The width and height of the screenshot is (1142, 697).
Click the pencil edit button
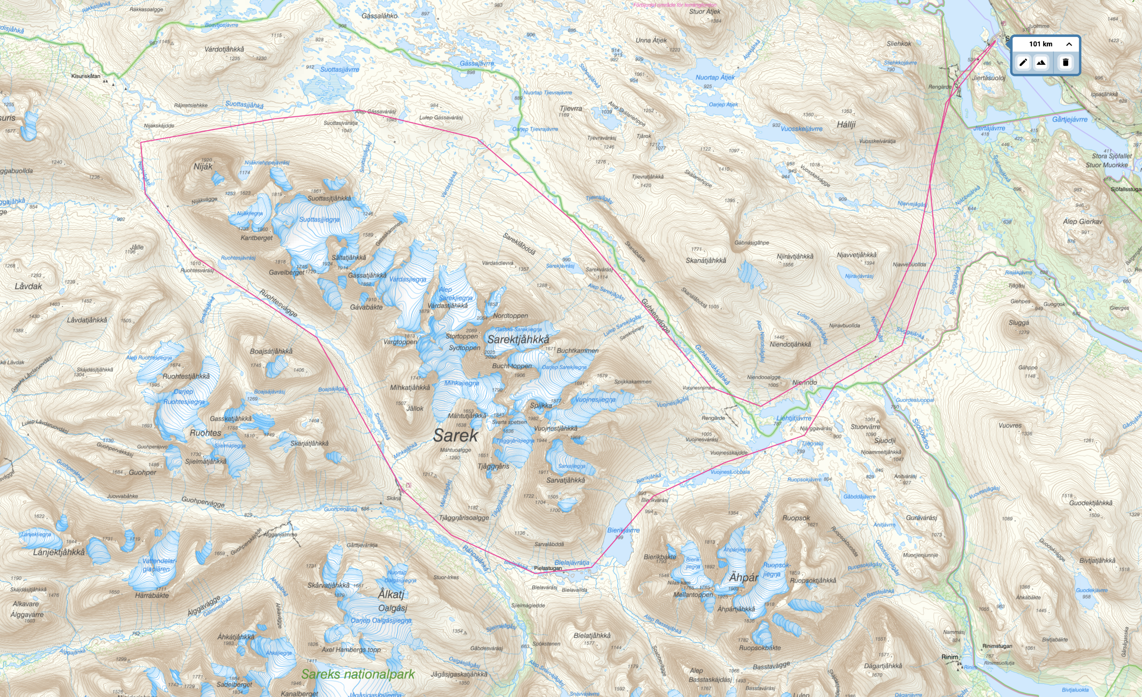click(x=1023, y=62)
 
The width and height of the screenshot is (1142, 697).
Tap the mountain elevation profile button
click(x=1041, y=62)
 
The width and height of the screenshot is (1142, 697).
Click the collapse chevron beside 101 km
click(x=1069, y=44)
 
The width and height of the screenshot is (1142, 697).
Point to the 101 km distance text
click(x=1041, y=44)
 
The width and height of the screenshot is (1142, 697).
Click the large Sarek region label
click(x=455, y=436)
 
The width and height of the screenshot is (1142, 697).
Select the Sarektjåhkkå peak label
click(x=518, y=339)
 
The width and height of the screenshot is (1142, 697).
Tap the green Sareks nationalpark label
click(x=358, y=674)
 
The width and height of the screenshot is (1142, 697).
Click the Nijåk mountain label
click(x=203, y=167)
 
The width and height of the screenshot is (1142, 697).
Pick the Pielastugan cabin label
click(x=548, y=568)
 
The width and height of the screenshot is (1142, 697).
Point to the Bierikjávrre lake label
click(x=623, y=530)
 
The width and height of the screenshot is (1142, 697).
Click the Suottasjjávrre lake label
click(x=340, y=70)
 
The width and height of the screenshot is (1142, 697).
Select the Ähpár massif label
click(x=744, y=577)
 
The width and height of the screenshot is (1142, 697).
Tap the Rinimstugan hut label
click(x=997, y=646)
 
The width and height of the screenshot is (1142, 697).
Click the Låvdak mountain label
click(x=28, y=286)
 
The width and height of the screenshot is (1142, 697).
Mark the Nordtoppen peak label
click(x=510, y=315)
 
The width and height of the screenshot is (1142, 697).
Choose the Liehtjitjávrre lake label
click(x=793, y=418)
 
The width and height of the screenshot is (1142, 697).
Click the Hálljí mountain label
click(x=846, y=124)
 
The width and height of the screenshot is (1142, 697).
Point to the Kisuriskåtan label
click(x=85, y=76)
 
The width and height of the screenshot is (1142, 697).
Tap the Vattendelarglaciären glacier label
click(x=158, y=565)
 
